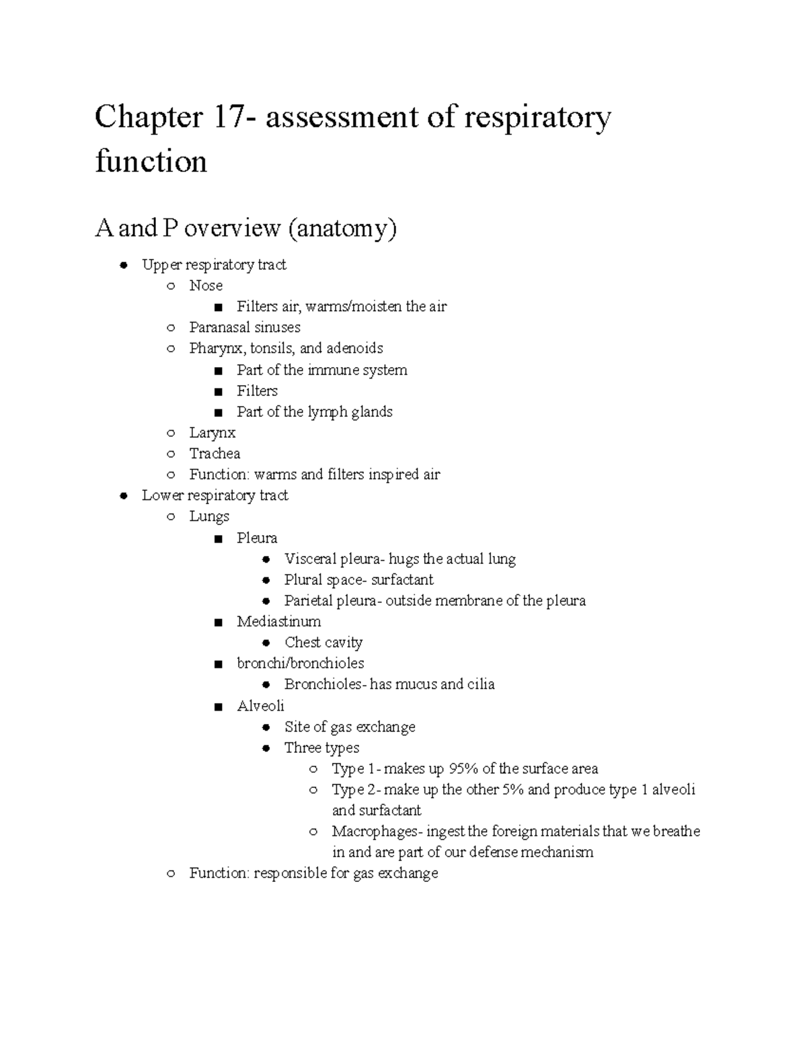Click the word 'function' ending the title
(x=151, y=161)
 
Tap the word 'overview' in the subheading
(x=232, y=229)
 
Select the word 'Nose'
(x=206, y=286)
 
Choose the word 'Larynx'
(x=212, y=433)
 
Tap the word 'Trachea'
(x=215, y=454)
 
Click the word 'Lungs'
(x=209, y=516)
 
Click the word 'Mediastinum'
(x=278, y=621)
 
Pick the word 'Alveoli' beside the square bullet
(x=260, y=706)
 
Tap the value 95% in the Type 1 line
(x=463, y=768)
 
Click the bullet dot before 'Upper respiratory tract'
(x=123, y=266)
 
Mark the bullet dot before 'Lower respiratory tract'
(x=123, y=496)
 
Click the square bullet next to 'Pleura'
(x=217, y=538)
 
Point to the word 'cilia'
(x=481, y=684)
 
